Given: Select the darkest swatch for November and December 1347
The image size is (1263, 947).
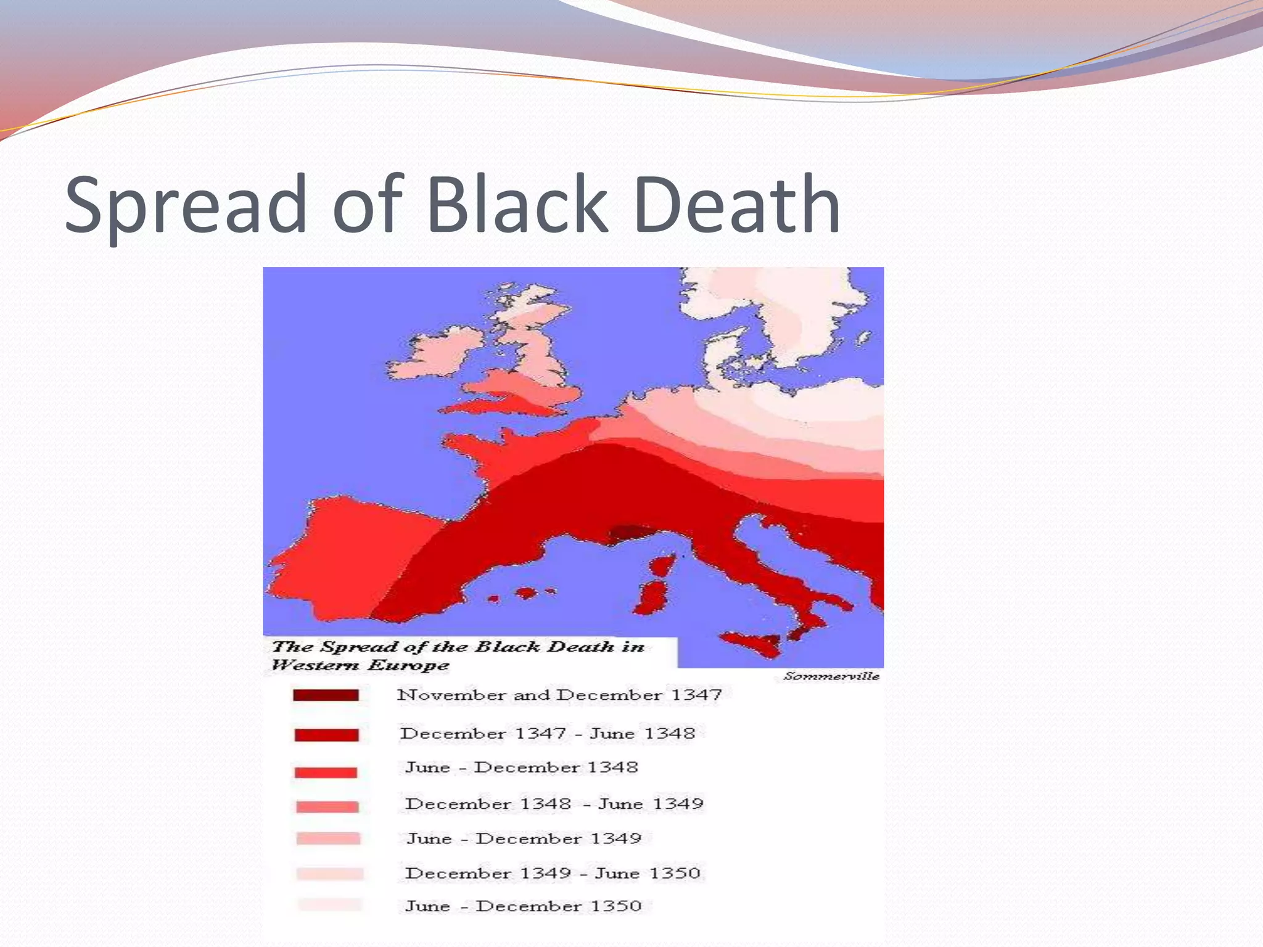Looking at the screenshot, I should [x=326, y=695].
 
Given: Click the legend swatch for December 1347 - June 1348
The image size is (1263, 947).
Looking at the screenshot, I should [x=326, y=735].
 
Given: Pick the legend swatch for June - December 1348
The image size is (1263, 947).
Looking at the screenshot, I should [x=326, y=772].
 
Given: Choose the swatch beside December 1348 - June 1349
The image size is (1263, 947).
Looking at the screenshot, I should [x=327, y=806].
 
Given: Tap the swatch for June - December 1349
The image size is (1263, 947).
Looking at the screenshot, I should [x=328, y=838].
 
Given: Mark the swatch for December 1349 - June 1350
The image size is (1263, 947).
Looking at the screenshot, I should [x=329, y=873].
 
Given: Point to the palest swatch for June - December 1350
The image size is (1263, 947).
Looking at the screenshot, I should [x=329, y=905].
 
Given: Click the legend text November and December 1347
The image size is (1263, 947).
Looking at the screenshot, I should [x=559, y=695].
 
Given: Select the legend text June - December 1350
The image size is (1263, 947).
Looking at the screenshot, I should [x=523, y=906].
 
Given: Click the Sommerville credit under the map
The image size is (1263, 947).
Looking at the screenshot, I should [x=831, y=676].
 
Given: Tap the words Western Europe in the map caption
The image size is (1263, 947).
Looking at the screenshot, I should [x=360, y=665].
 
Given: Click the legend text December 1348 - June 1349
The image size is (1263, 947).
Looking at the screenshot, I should [x=554, y=804].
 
